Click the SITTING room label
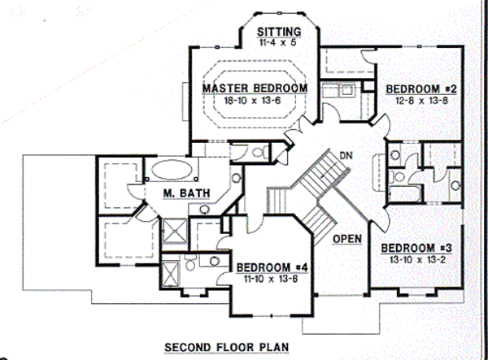(x=279, y=32)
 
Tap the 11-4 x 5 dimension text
(x=277, y=42)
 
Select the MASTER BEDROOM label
(x=255, y=88)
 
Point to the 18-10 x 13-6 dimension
(x=252, y=101)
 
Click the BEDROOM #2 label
(x=421, y=89)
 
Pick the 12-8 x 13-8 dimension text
(x=421, y=101)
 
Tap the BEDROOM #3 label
(x=416, y=248)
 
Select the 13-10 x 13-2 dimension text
(x=417, y=259)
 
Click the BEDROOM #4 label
(x=272, y=267)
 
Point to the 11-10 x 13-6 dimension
(x=271, y=279)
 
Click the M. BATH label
(x=187, y=193)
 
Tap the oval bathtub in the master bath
(x=172, y=169)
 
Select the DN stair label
(x=346, y=155)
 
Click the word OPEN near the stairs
(x=347, y=239)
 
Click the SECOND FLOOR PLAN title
(x=227, y=347)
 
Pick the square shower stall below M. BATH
(x=175, y=231)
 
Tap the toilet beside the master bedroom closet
(x=259, y=152)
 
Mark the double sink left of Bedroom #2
(x=338, y=90)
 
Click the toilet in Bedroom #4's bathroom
(x=190, y=262)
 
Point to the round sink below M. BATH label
(x=204, y=209)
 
